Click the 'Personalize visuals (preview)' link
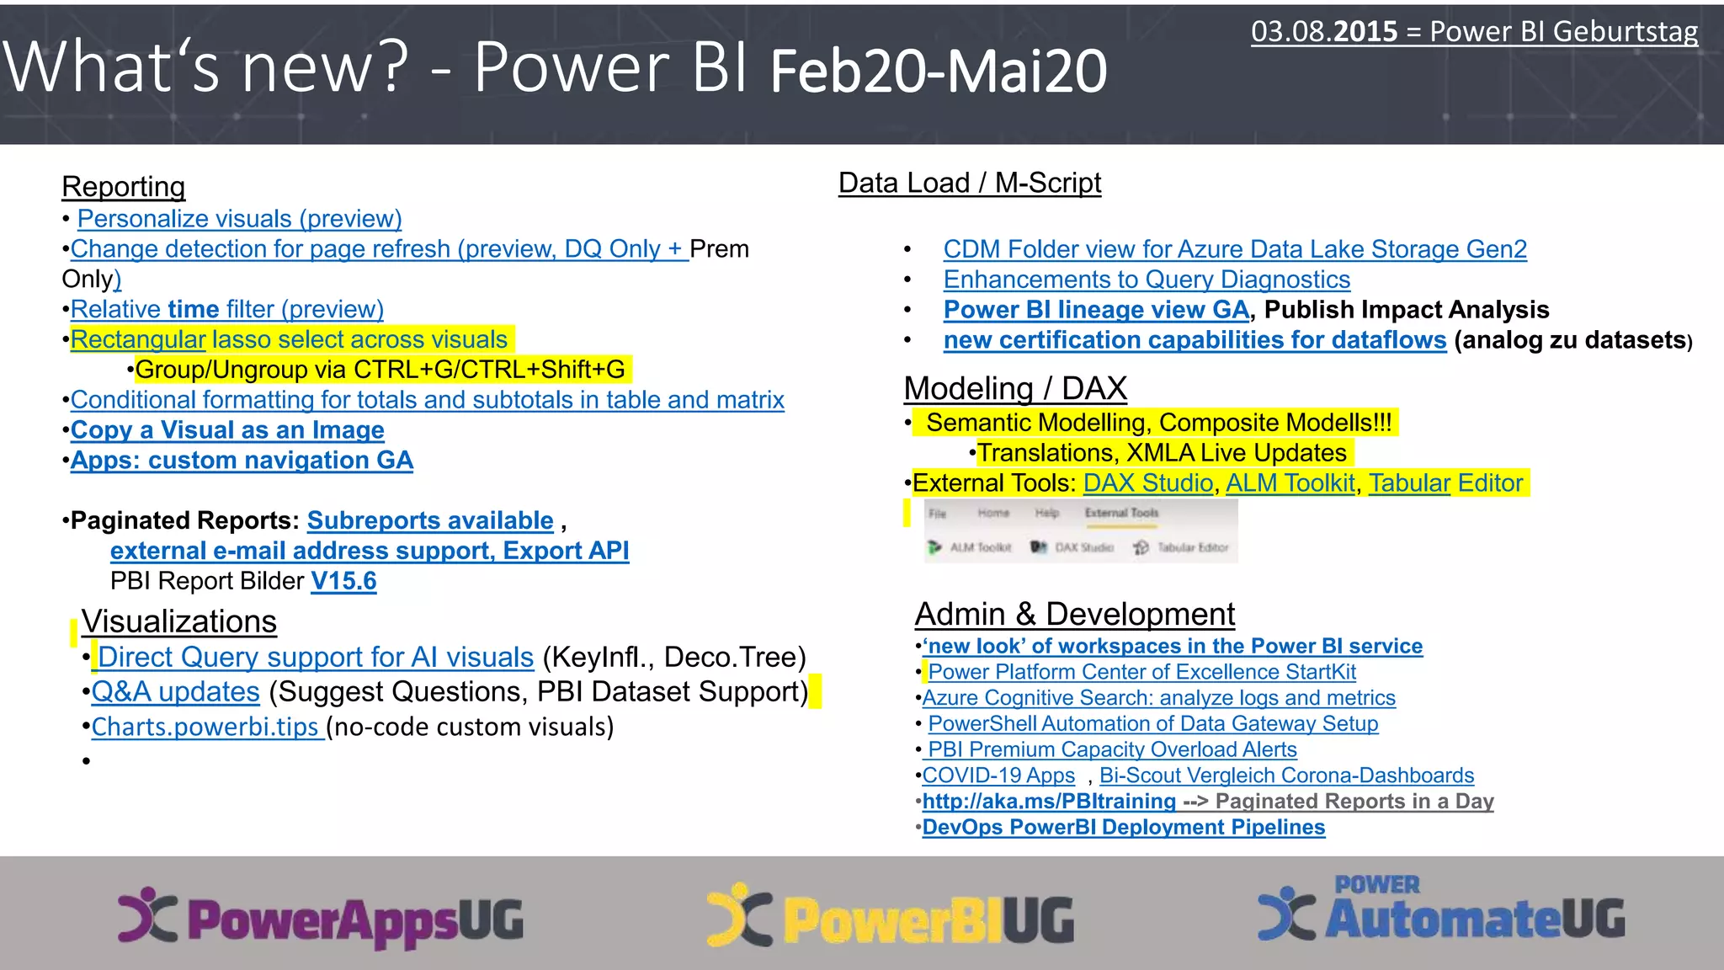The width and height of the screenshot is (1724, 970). click(x=239, y=219)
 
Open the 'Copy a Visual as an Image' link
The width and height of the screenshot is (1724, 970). click(x=227, y=430)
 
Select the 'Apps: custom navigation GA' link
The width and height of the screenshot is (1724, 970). click(x=242, y=461)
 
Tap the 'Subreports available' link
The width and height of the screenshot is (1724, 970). click(x=430, y=520)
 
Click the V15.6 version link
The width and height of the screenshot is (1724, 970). click(x=343, y=581)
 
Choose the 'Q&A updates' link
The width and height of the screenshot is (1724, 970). click(x=175, y=692)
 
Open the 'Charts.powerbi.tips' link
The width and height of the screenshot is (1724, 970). click(x=205, y=727)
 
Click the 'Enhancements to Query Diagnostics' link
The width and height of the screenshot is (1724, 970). click(x=1147, y=280)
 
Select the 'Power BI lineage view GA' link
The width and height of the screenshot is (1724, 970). click(x=1096, y=310)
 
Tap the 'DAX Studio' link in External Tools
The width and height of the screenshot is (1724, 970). click(x=1147, y=483)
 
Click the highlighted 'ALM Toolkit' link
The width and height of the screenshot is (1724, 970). click(x=1290, y=483)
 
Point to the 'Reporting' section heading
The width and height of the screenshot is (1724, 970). click(x=124, y=187)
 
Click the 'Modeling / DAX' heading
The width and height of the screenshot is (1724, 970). click(x=1015, y=389)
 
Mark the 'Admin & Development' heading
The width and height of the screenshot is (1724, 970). click(x=1075, y=615)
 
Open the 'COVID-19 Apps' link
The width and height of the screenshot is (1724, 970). click(x=998, y=775)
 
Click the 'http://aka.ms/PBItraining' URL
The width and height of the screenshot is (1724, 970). click(x=1049, y=802)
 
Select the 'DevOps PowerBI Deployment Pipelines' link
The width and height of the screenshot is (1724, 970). click(x=1124, y=828)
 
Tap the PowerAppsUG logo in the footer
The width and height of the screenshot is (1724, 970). click(x=321, y=918)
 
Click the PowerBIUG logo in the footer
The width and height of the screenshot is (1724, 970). click(x=891, y=918)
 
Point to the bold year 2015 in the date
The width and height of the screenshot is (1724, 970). click(x=1365, y=32)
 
